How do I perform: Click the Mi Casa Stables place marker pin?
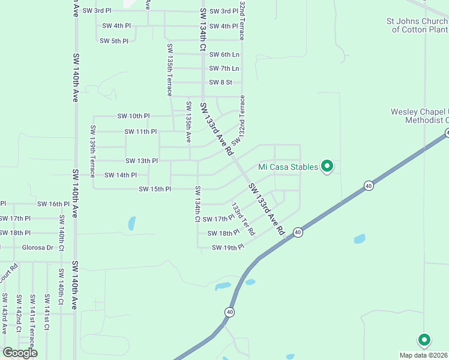327,166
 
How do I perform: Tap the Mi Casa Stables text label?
288,167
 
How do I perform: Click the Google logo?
20,352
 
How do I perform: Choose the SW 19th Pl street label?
228,247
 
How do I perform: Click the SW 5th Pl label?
114,41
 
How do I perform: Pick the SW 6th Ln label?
224,55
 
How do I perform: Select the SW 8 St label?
220,82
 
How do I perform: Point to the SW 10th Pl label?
133,116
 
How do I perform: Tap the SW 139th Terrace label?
93,151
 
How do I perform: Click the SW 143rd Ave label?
4,314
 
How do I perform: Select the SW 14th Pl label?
121,175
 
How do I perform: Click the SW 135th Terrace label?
170,70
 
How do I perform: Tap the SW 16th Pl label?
53,204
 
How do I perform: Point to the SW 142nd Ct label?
19,312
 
